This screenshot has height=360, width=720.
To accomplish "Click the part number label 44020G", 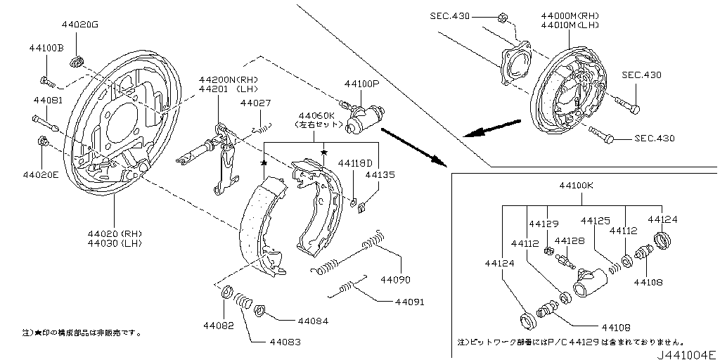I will point(79,25).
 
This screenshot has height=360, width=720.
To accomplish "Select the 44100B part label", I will point(46,48).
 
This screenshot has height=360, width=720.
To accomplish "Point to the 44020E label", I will point(41,174).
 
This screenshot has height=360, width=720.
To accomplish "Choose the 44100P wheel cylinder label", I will point(361,84).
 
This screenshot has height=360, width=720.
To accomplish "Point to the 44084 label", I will point(312,321).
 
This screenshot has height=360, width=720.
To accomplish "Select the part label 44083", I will point(285,342).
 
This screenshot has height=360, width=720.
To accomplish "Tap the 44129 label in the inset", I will point(544,224).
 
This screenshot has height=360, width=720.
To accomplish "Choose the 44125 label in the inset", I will point(595,221).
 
